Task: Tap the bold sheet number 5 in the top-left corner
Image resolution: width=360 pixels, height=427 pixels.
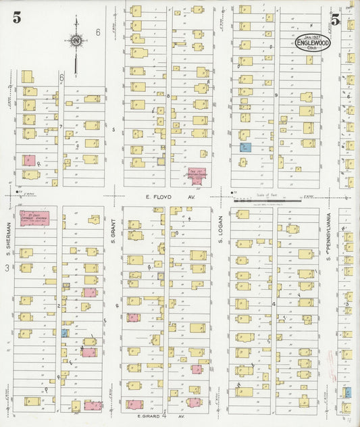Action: point(16,18)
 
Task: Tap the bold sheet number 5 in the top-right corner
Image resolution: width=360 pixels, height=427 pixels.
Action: point(336,18)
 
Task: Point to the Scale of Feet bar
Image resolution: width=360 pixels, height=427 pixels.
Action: point(266,200)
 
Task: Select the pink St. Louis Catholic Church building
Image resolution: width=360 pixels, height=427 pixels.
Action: point(34,218)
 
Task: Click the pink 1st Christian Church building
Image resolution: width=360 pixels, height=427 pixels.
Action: point(197,175)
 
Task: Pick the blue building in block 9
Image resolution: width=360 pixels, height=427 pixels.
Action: point(246,147)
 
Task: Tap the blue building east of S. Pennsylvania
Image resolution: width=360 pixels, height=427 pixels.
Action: point(347,392)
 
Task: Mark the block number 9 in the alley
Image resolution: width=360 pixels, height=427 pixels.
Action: point(276,95)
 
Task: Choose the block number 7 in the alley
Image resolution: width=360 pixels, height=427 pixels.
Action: point(60,126)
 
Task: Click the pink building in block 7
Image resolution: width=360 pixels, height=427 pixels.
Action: point(29,161)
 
